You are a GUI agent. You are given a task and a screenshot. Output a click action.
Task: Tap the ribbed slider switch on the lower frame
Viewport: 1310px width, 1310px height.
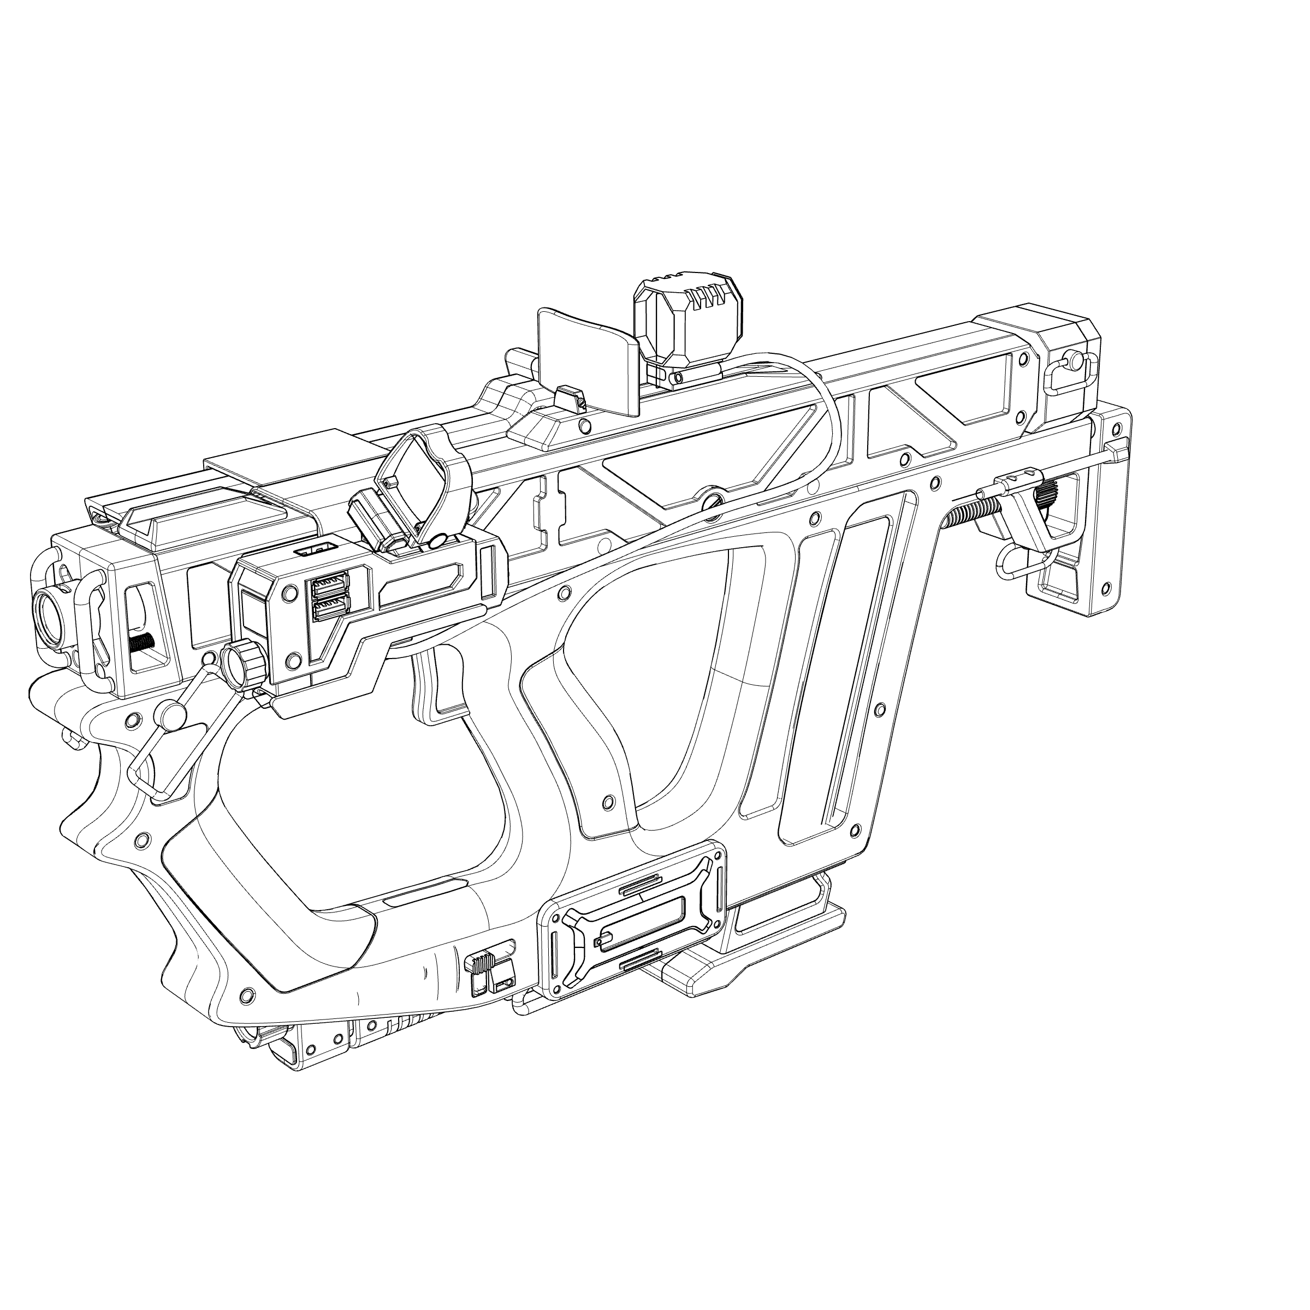click(x=480, y=962)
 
